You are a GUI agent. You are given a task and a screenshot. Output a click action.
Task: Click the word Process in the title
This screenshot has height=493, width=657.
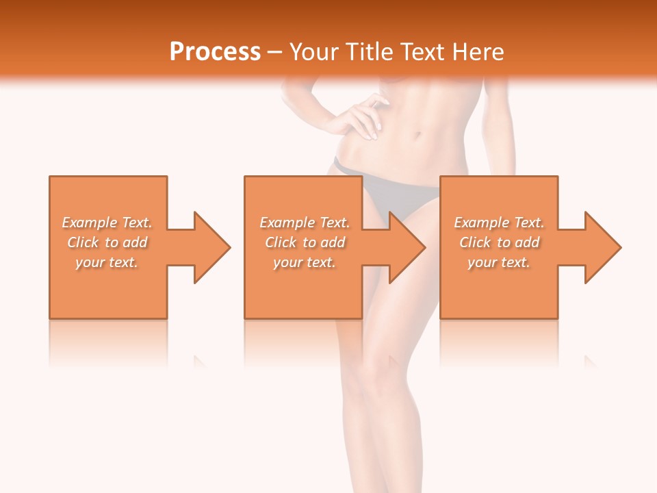point(215,51)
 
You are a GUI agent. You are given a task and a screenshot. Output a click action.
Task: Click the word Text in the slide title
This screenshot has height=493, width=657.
point(422,51)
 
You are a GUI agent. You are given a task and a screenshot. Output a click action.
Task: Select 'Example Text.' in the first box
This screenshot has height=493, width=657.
point(107,223)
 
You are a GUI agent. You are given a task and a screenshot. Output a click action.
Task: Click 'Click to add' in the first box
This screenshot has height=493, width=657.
point(107,242)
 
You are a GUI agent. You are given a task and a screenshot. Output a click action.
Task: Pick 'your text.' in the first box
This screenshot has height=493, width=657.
point(107,262)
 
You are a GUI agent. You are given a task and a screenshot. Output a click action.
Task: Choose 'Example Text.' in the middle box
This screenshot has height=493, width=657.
point(305,223)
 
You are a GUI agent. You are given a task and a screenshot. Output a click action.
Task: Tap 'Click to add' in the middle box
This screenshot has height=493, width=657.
point(305,242)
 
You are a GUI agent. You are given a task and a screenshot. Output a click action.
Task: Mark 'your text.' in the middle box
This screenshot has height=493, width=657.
point(305,262)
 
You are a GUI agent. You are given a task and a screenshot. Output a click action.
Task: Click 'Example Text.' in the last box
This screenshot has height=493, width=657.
point(499,223)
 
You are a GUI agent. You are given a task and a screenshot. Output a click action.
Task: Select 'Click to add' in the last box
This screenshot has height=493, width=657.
point(499,242)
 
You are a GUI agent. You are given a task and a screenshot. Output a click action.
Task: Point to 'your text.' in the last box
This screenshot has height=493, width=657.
point(499,262)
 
